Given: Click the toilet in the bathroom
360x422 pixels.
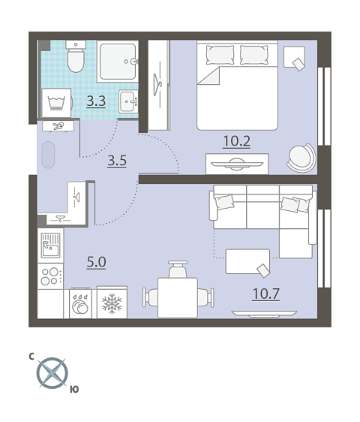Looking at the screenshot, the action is [x=76, y=56].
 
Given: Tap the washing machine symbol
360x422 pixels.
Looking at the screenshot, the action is [x=57, y=103].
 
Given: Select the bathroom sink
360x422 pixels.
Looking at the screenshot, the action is [x=128, y=101].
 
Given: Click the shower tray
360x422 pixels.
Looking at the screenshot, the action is [x=118, y=62].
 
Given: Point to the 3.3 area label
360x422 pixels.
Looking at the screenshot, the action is [x=96, y=101].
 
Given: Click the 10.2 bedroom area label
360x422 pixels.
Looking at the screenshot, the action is [x=236, y=141].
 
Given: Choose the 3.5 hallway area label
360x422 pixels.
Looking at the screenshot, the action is [x=117, y=161].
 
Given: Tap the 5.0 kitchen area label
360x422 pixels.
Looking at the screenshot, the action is [x=96, y=262].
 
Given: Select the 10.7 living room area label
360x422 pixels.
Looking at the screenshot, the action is [x=266, y=294].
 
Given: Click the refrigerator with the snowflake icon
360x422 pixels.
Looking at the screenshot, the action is [x=112, y=303].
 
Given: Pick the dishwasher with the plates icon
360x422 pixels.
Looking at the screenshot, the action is [x=80, y=303].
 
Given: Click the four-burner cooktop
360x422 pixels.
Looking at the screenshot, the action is [x=50, y=276].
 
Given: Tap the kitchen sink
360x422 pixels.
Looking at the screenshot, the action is [x=50, y=246].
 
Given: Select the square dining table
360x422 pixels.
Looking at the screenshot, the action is [x=178, y=297].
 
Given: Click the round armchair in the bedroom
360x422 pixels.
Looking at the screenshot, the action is [x=301, y=158].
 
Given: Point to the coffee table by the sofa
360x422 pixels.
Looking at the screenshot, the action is [x=247, y=261].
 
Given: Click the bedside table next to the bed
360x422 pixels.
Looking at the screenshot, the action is [x=295, y=57].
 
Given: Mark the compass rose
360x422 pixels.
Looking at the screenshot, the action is [x=52, y=373].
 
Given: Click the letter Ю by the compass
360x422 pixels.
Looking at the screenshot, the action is [x=74, y=389].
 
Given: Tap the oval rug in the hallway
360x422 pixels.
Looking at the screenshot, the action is [x=49, y=155].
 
